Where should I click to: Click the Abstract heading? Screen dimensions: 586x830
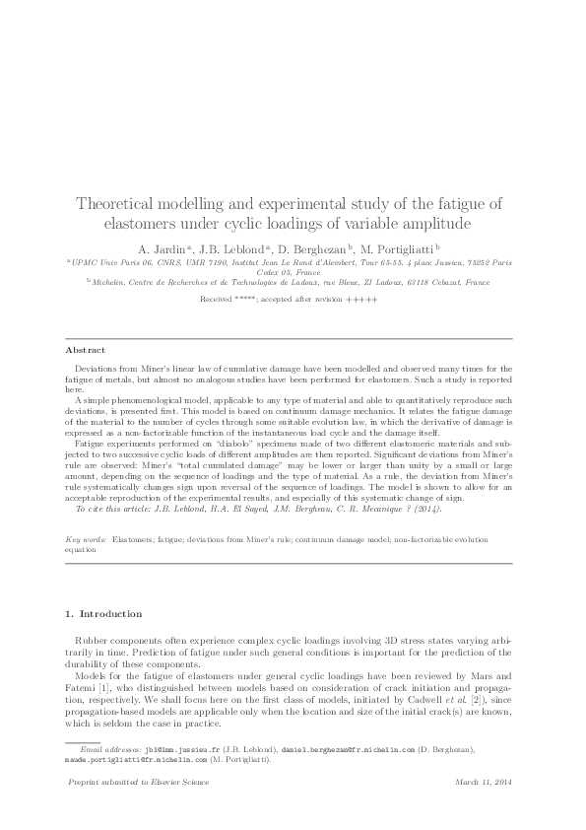click(x=84, y=350)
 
